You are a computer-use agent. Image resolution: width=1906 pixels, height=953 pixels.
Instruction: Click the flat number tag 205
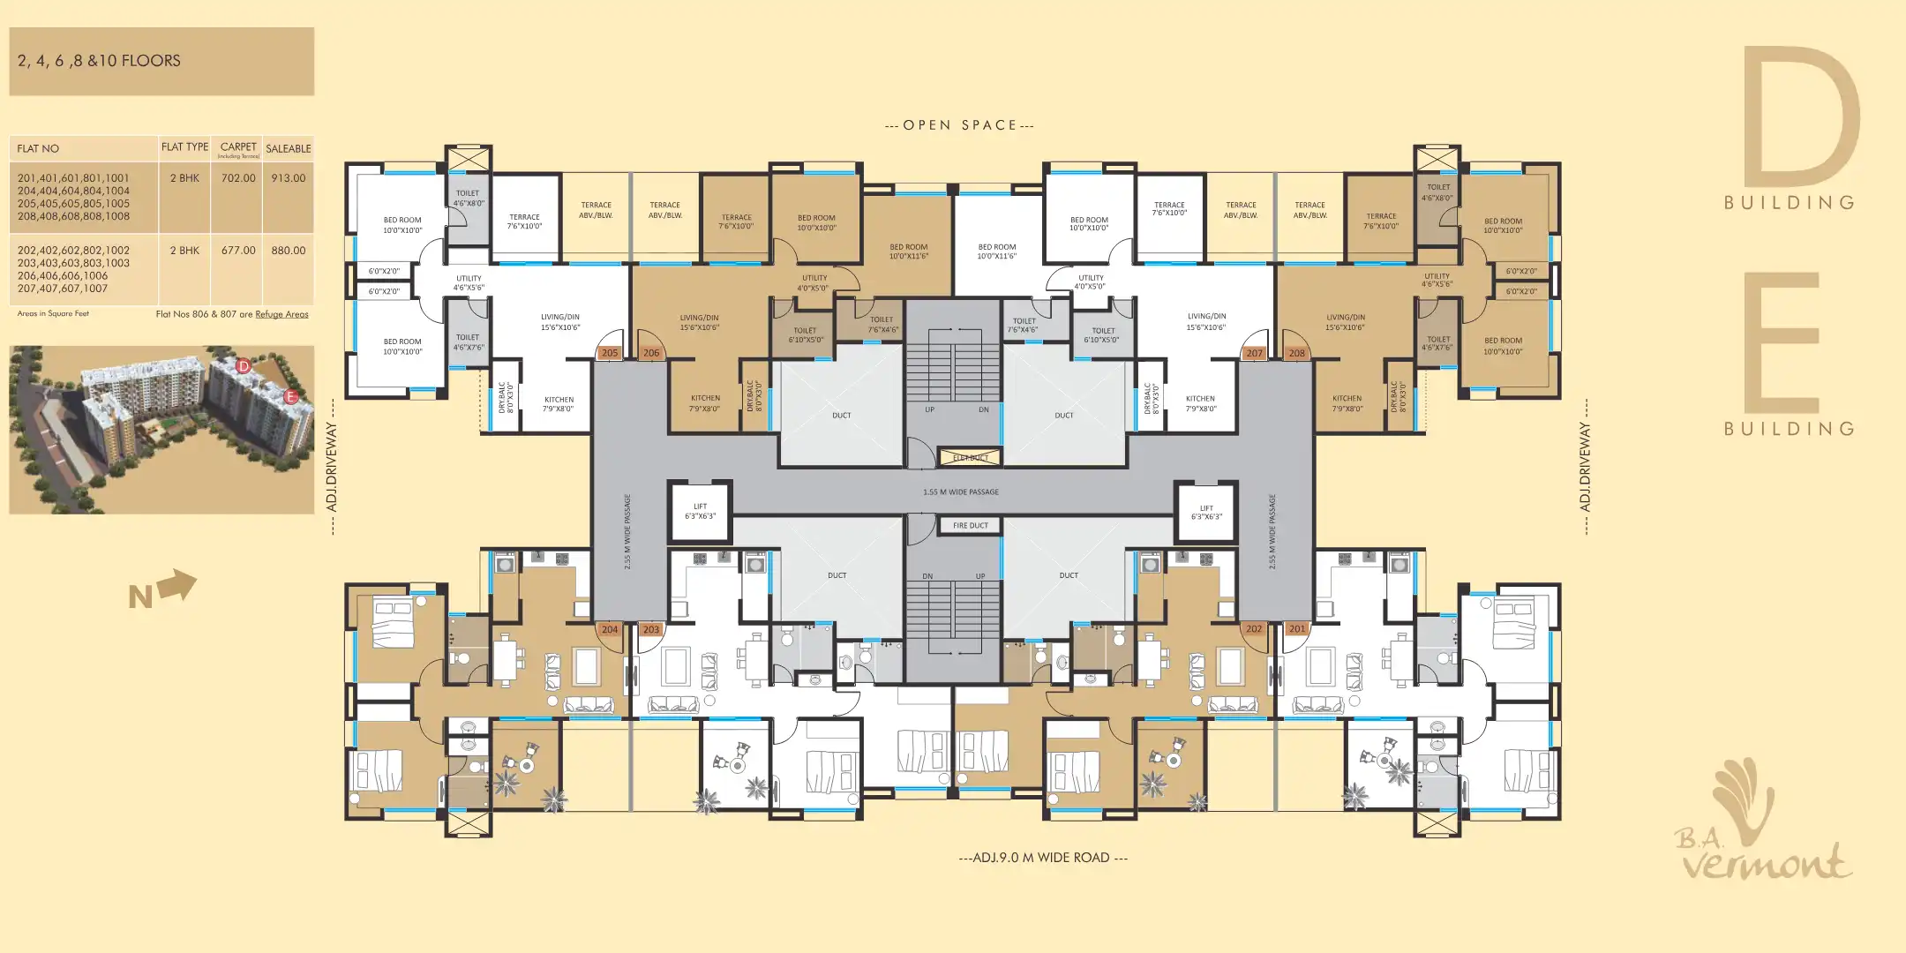610,353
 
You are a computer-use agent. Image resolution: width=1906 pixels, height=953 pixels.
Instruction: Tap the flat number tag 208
1296,353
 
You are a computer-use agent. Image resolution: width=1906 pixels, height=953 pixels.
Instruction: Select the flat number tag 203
651,630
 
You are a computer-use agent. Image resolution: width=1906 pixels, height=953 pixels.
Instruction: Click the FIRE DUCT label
971,526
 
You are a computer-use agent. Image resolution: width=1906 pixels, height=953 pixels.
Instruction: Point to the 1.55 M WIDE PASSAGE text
961,492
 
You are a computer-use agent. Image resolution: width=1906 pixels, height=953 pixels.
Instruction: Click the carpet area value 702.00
238,178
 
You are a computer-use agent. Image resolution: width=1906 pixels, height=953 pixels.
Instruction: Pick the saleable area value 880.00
289,251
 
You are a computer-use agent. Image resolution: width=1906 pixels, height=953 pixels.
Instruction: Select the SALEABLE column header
289,149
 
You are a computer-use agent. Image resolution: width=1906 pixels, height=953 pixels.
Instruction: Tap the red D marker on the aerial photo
244,365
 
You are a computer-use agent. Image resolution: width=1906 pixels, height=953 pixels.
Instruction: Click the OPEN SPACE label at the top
959,125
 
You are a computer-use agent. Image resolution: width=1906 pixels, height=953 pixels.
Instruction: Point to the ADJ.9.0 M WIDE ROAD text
1042,858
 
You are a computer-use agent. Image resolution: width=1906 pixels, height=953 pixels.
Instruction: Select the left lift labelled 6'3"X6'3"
701,512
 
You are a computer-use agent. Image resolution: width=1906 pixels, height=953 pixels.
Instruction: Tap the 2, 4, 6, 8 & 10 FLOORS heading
99,61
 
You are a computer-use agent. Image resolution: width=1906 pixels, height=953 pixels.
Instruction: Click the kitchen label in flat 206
705,403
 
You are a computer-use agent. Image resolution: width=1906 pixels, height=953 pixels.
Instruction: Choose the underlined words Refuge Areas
281,314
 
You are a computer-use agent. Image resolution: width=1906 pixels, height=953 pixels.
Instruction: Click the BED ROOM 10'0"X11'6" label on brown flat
909,251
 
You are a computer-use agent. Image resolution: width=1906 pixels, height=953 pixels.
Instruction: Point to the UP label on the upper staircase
930,410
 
